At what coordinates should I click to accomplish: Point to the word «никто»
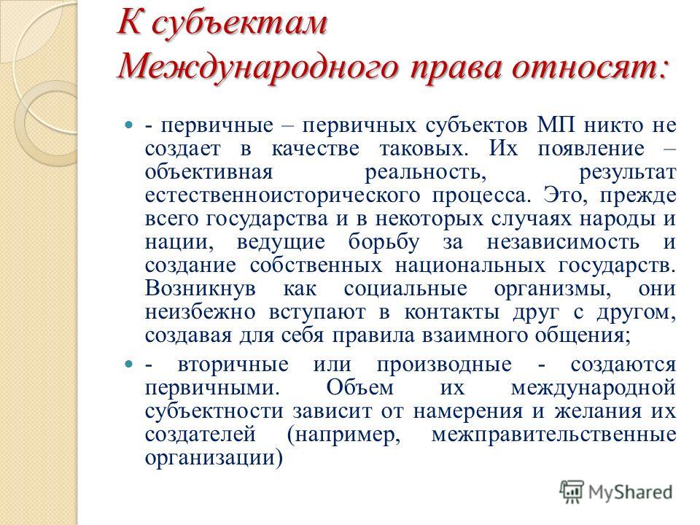[x=614, y=125]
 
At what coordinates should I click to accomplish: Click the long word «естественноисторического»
[x=283, y=196]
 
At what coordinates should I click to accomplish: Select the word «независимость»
[x=563, y=242]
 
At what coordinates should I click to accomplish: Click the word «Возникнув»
[x=201, y=289]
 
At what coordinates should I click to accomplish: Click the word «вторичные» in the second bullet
[x=233, y=365]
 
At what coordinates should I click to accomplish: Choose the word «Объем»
[x=359, y=386]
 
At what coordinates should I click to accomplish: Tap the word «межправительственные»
[x=553, y=435]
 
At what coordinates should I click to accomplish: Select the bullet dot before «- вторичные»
[x=129, y=365]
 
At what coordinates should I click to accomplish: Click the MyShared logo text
[x=630, y=492]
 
